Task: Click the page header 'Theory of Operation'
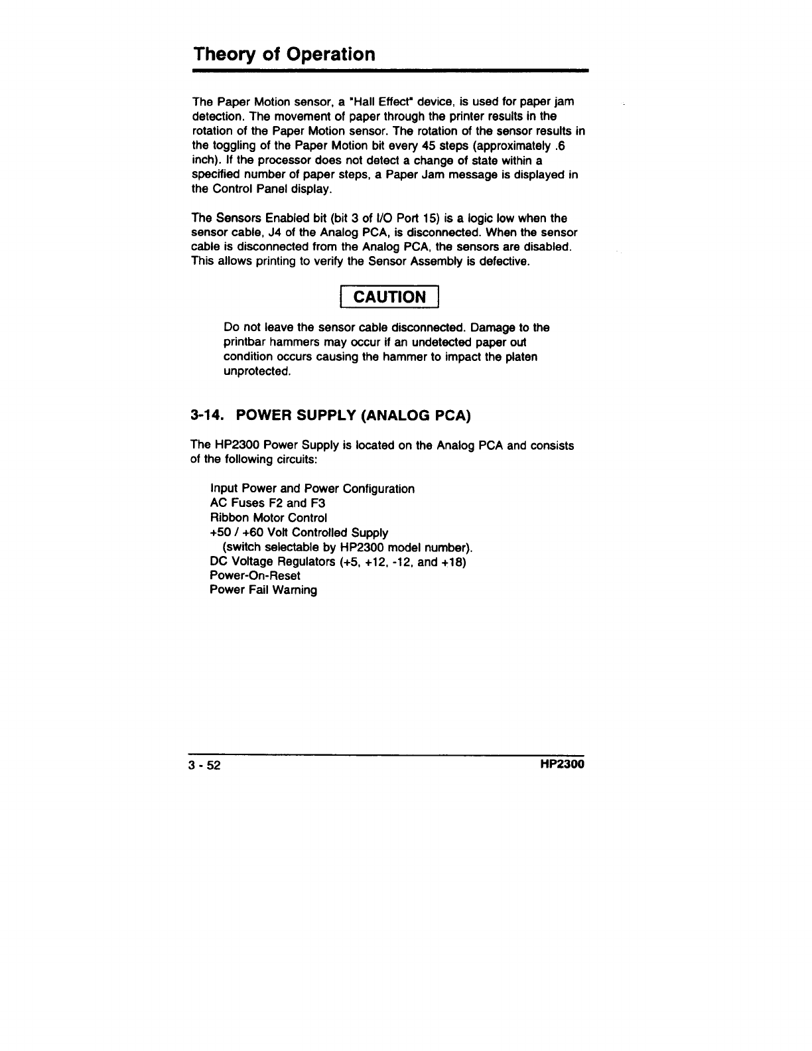[x=284, y=54]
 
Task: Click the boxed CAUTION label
[x=389, y=297]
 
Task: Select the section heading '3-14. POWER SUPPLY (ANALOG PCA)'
[x=330, y=416]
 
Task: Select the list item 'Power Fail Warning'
[x=263, y=590]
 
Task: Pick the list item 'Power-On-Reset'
[x=255, y=575]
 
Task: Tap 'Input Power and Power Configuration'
[x=312, y=489]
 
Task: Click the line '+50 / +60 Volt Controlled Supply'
[x=299, y=532]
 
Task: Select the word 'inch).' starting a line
[x=206, y=161]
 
